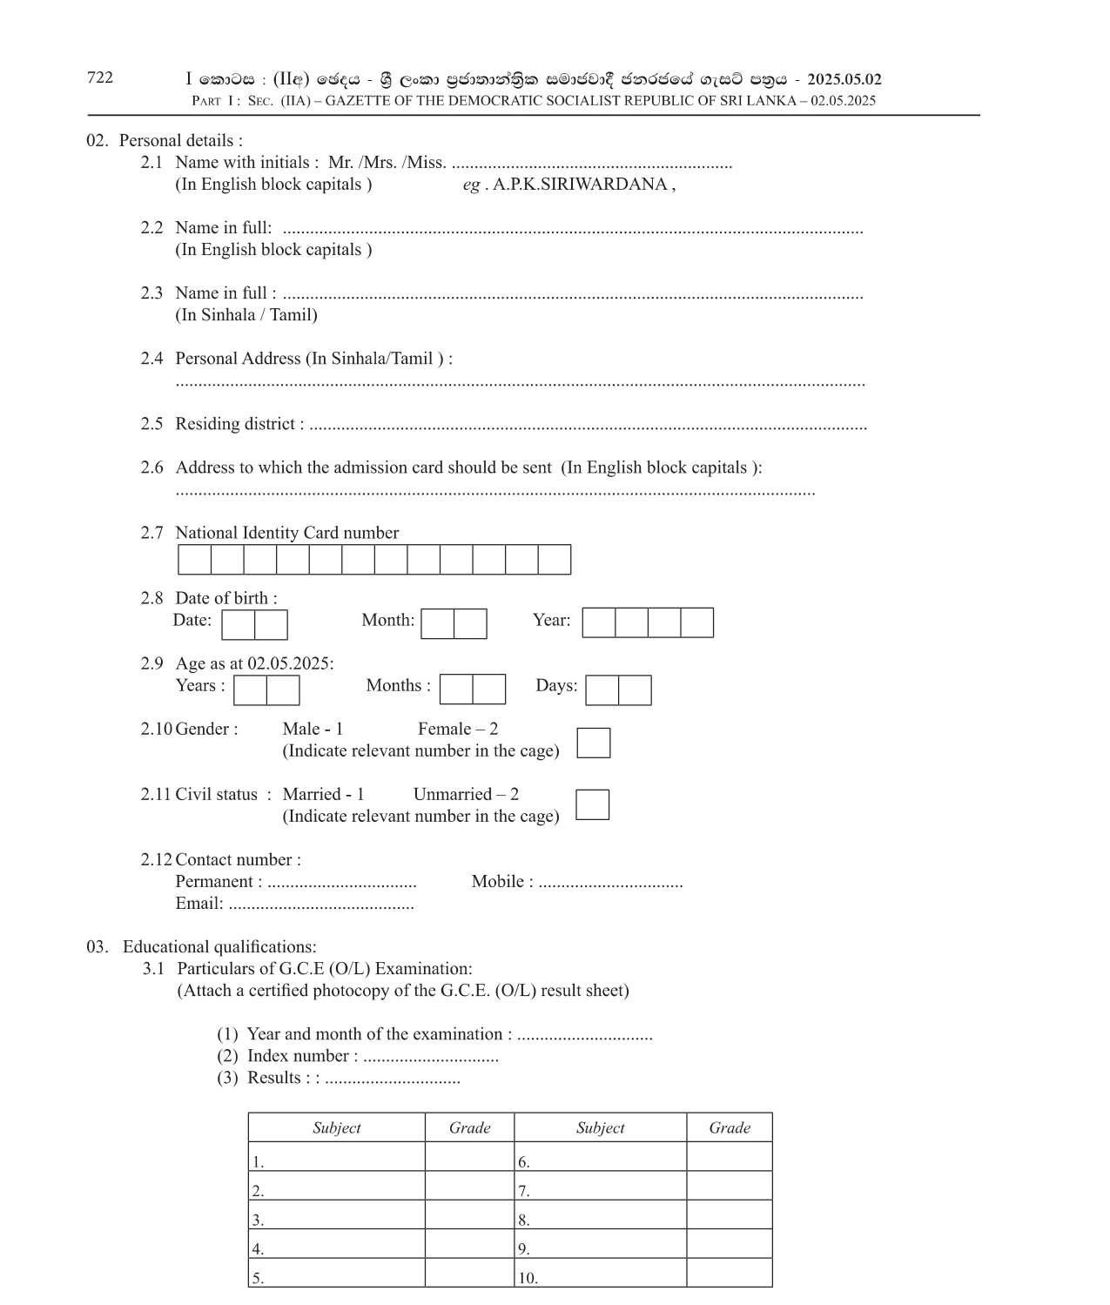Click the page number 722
click(x=100, y=77)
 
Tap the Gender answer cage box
click(x=593, y=743)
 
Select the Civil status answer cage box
click(x=592, y=804)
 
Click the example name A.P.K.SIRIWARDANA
click(x=580, y=185)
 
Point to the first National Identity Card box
click(x=194, y=560)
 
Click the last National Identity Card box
click(x=555, y=560)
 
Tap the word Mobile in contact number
click(x=498, y=882)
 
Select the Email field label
click(x=198, y=904)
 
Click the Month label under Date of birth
click(x=387, y=621)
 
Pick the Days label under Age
click(x=556, y=686)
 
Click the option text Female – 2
click(x=458, y=730)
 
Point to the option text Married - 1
click(x=323, y=795)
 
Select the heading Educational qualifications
click(x=219, y=947)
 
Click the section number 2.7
click(x=151, y=534)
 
